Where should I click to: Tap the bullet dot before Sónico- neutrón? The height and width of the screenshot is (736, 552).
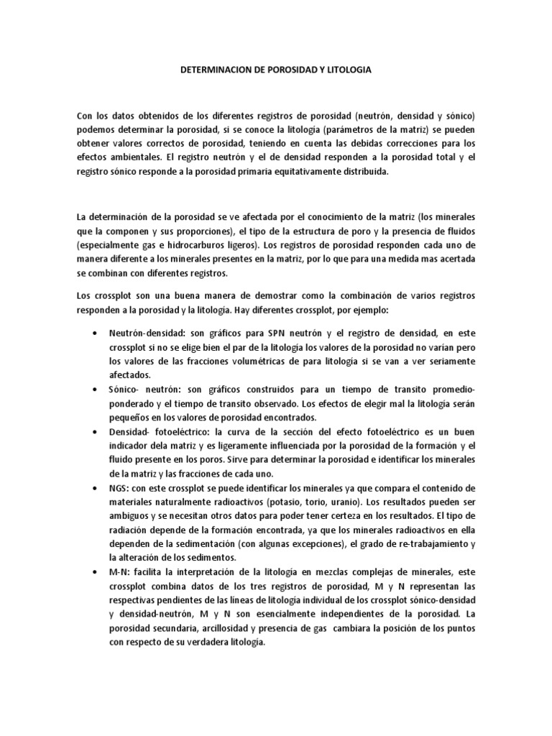click(96, 389)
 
